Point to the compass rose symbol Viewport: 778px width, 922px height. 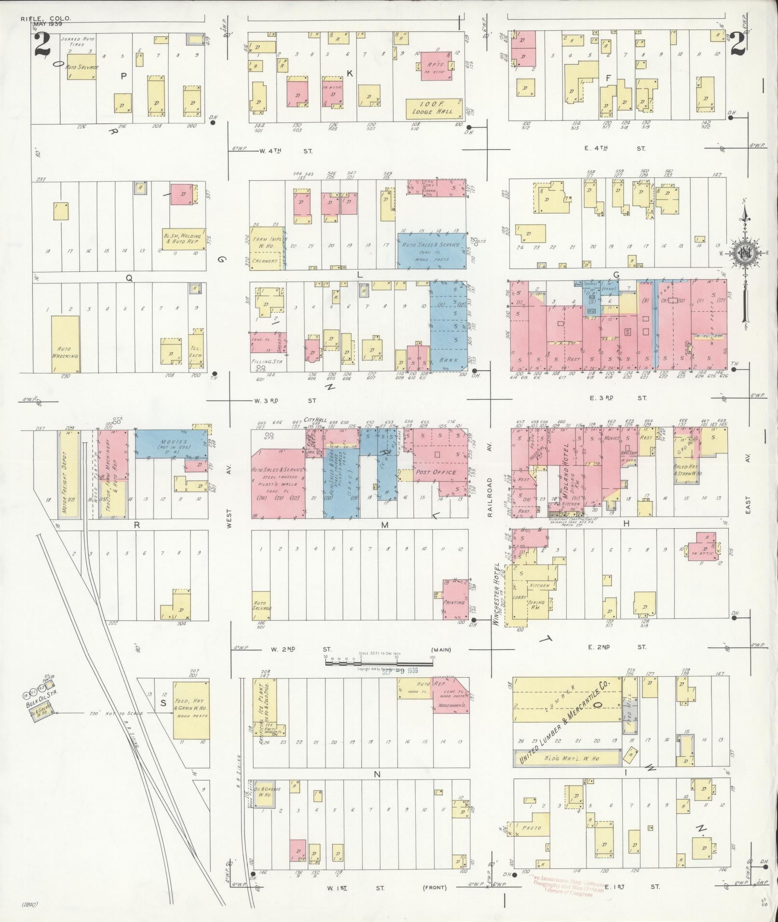[x=745, y=252]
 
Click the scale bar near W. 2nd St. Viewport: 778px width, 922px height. [x=379, y=663]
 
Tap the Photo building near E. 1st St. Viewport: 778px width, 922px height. [x=531, y=828]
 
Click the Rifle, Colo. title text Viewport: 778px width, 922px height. [x=46, y=19]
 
